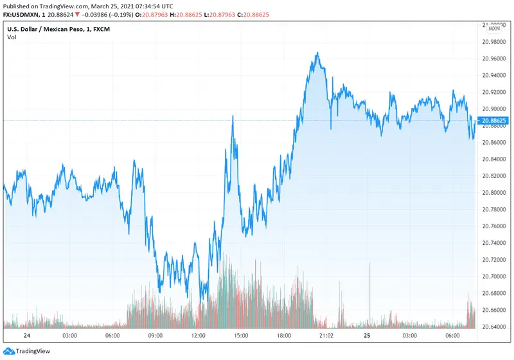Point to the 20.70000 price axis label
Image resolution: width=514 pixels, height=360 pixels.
[x=493, y=276]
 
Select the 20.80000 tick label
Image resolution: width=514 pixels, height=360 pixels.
[x=493, y=193]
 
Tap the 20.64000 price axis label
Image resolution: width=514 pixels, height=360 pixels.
[x=493, y=327]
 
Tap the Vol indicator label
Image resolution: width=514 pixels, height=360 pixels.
[x=12, y=37]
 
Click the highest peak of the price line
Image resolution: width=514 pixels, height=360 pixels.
[x=316, y=53]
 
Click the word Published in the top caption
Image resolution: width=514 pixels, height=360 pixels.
[x=17, y=5]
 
